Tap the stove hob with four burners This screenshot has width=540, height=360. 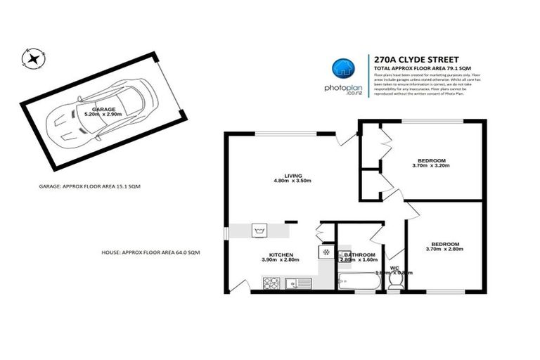tap(271, 284)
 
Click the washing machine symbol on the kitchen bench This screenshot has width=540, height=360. tap(259, 230)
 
